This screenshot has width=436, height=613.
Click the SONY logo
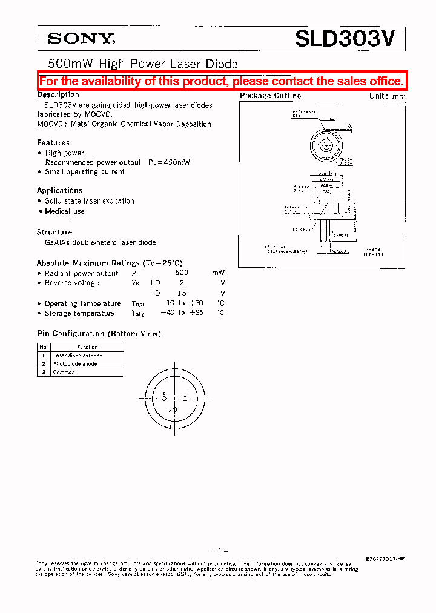click(81, 39)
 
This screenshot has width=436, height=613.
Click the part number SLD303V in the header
click(345, 39)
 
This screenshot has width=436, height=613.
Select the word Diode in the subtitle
click(223, 64)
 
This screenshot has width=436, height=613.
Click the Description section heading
click(58, 95)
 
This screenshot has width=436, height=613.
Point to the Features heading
click(53, 143)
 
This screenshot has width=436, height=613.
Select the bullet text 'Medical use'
click(65, 211)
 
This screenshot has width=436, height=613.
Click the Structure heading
click(54, 232)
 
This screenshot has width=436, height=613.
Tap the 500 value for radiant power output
click(181, 273)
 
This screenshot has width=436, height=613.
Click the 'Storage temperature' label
click(79, 314)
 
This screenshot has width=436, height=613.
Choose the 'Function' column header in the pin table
click(87, 347)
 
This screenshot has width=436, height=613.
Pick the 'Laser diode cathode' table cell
click(78, 356)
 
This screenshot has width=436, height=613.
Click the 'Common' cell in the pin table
click(64, 372)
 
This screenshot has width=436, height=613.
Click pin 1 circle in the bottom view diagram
click(186, 398)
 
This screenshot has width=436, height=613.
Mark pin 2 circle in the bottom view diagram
click(164, 398)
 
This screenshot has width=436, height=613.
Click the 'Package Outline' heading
click(270, 96)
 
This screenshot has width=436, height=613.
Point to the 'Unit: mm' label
click(387, 96)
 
